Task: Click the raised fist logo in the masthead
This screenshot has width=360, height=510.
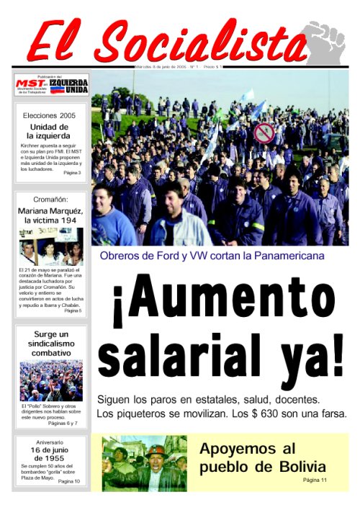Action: tap(325, 42)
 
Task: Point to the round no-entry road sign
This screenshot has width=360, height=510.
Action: tap(264, 133)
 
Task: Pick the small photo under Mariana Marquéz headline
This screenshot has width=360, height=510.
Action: tap(51, 247)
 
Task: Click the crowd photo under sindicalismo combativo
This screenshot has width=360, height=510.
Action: tap(51, 380)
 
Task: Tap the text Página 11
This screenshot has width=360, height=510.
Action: tap(315, 480)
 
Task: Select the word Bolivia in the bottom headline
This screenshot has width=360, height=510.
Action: tap(294, 466)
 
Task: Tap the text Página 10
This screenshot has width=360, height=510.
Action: tap(69, 480)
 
